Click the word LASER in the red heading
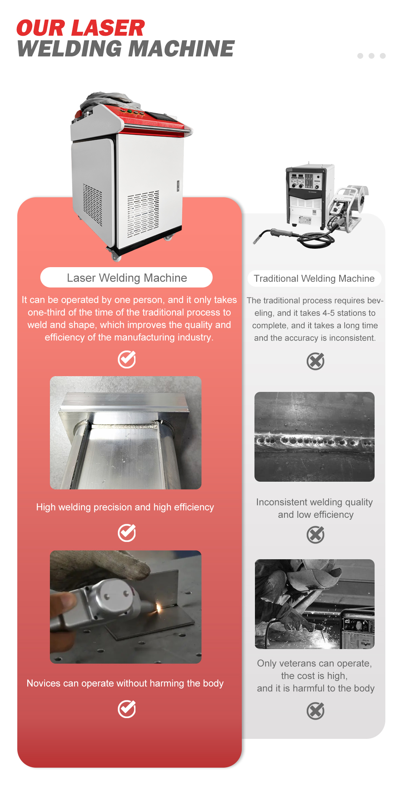click(108, 28)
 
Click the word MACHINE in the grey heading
click(181, 49)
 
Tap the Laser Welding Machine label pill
click(126, 278)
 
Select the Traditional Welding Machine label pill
click(314, 279)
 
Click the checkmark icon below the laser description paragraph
click(127, 359)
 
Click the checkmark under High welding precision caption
click(127, 533)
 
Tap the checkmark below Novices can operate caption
click(127, 709)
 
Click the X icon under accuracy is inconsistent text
click(315, 361)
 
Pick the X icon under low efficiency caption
click(315, 535)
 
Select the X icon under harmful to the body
click(315, 711)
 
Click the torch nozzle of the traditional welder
click(256, 240)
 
